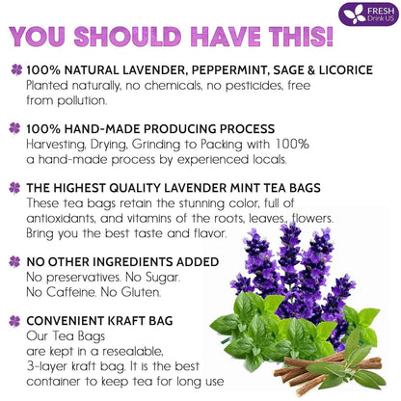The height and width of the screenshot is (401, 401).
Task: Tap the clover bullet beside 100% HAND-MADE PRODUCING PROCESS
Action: coord(13,128)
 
